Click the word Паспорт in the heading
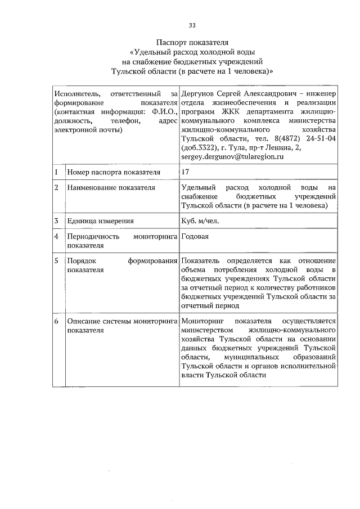(170, 42)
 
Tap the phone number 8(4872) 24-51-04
(308, 138)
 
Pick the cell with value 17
(187, 172)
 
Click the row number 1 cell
(57, 172)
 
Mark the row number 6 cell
(57, 321)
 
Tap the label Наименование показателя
(110, 187)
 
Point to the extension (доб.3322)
(201, 148)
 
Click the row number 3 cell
(57, 220)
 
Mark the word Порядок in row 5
(81, 261)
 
